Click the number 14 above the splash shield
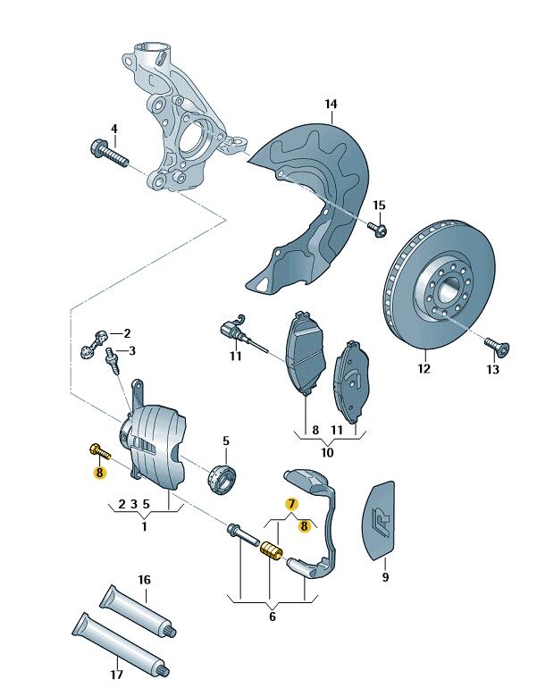click(x=331, y=105)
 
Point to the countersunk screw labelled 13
click(x=494, y=344)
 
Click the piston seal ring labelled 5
click(x=224, y=475)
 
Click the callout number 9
click(x=385, y=577)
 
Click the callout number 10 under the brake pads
click(x=328, y=453)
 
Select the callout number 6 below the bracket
click(x=272, y=617)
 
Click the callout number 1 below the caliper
click(x=144, y=526)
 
